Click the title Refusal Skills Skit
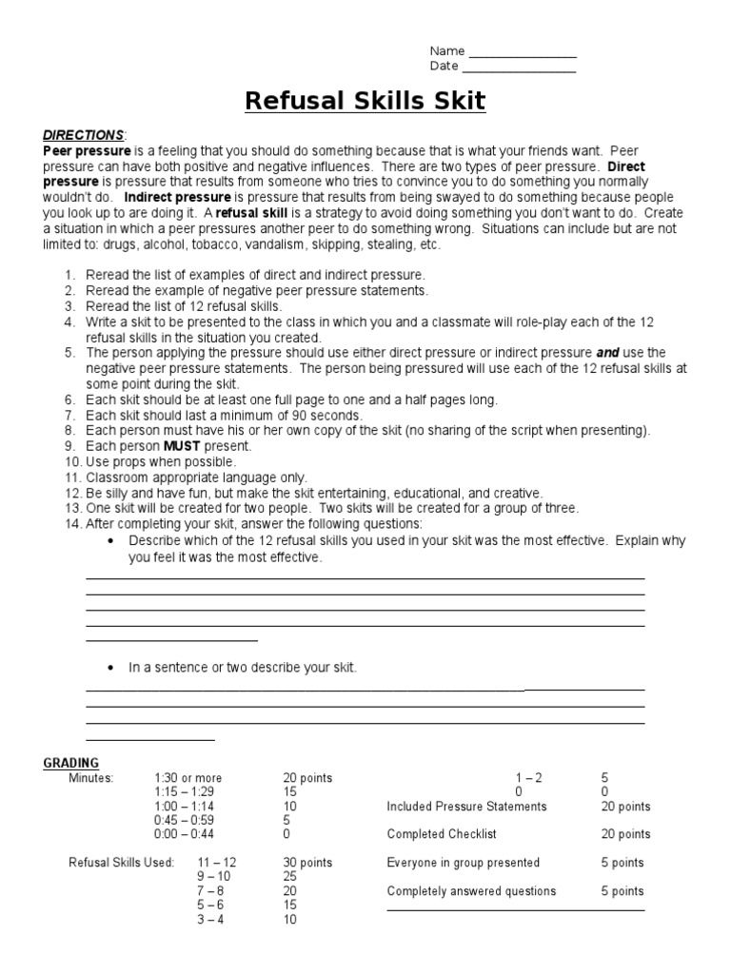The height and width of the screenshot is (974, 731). [x=365, y=101]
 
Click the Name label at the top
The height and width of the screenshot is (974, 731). [x=446, y=51]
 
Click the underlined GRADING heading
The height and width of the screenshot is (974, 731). [x=71, y=763]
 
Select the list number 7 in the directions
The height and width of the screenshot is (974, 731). [x=70, y=416]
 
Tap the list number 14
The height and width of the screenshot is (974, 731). [x=73, y=524]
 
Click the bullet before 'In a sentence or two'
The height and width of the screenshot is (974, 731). [x=111, y=668]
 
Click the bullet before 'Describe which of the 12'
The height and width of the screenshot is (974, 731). [x=111, y=540]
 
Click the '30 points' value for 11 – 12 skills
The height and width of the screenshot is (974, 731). [x=307, y=863]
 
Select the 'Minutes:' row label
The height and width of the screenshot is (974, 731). [x=90, y=778]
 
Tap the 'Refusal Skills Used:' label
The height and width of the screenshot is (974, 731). [x=121, y=863]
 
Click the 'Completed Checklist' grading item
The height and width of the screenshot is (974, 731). [x=444, y=834]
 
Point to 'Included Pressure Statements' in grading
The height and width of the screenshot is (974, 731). [x=466, y=807]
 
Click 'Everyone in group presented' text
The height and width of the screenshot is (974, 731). [x=463, y=863]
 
